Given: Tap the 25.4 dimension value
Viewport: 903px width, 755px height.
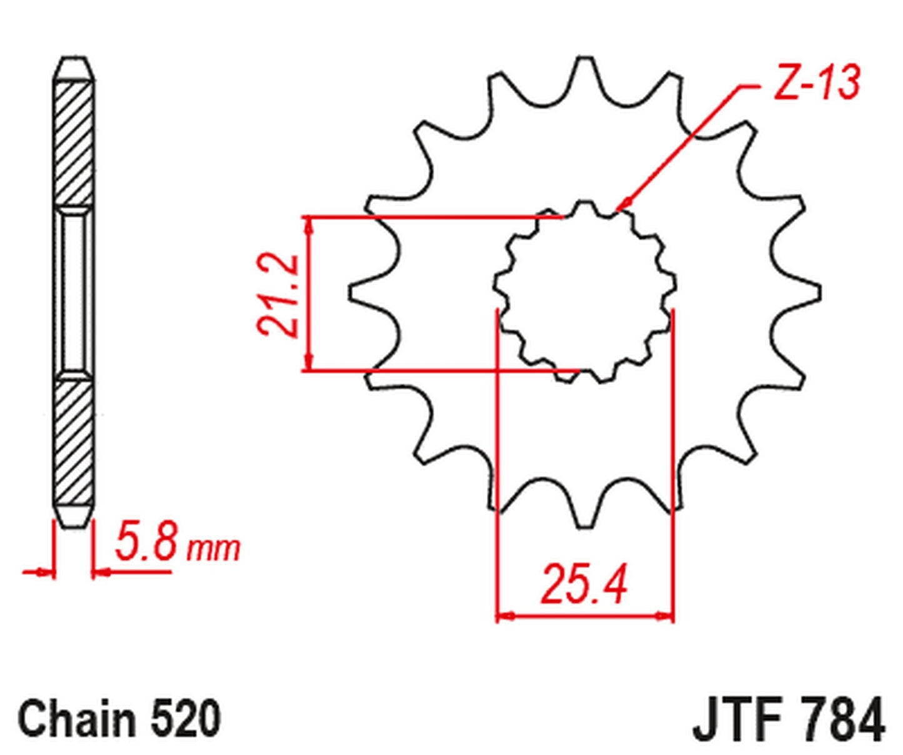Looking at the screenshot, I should (x=584, y=584).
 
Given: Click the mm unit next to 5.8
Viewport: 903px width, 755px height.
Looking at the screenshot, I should (x=214, y=549).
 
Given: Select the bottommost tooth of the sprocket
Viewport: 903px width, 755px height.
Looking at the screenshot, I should (x=584, y=519).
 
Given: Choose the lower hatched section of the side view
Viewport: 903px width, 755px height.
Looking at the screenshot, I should (x=74, y=444).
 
